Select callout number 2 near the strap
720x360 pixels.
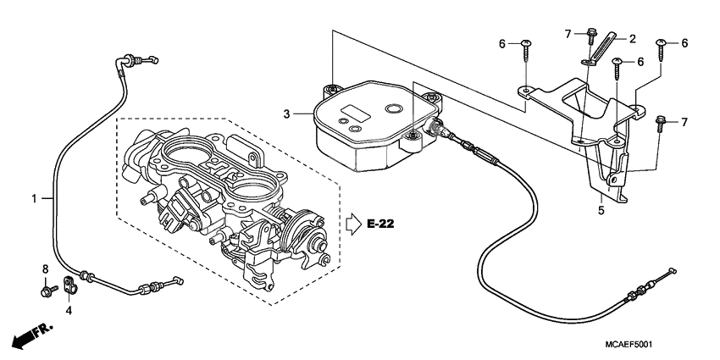[x=630, y=39]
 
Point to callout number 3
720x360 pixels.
[x=287, y=114]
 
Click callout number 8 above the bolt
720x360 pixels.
[x=45, y=269]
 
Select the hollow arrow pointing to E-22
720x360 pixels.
[x=353, y=224]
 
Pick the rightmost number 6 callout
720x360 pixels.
[x=684, y=43]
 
